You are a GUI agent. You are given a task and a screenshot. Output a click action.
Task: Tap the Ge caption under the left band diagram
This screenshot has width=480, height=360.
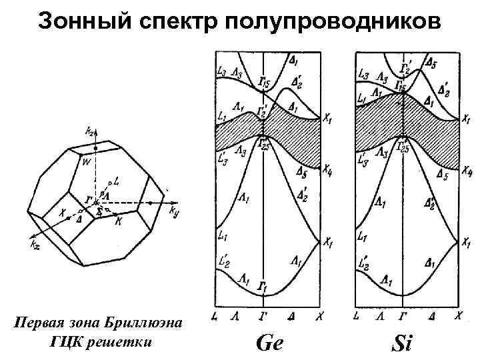[269, 343]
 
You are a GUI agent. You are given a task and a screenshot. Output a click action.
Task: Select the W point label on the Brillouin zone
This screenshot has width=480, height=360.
[86, 161]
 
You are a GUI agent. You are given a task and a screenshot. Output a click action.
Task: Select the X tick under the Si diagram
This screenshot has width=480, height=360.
[458, 313]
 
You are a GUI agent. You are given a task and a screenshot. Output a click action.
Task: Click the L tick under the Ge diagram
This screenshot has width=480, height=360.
[213, 313]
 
